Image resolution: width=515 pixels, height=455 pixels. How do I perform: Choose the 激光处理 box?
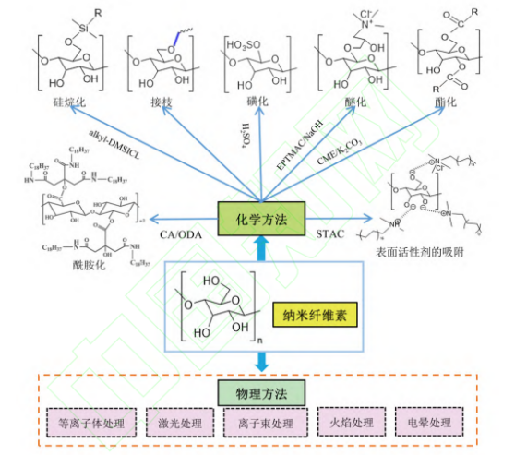tap(178, 424)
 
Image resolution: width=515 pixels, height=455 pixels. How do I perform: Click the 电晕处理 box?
tap(431, 424)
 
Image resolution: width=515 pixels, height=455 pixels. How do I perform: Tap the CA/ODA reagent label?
tap(178, 234)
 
